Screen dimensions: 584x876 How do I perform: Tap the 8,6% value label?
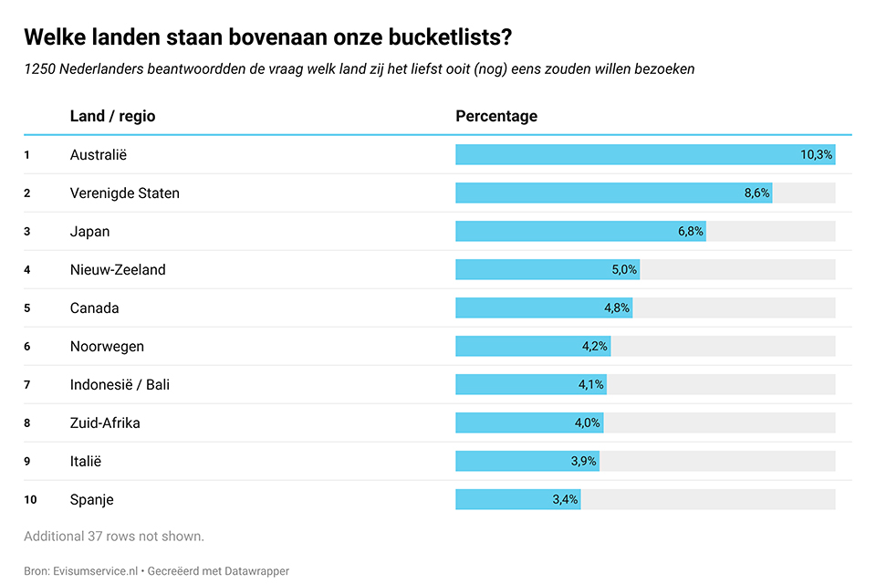pos(757,193)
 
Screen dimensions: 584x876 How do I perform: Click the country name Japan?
pos(89,232)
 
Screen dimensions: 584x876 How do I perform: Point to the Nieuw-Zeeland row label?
pos(118,270)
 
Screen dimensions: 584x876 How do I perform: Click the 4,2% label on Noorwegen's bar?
pos(594,347)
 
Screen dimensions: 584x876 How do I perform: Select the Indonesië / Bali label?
pos(120,385)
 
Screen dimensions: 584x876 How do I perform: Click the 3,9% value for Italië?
pos(584,462)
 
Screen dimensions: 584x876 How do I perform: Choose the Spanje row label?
pos(92,500)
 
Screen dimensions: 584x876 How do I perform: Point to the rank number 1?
pos(27,155)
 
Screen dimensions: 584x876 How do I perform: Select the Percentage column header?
pos(496,117)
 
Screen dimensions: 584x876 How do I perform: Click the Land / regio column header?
pos(112,117)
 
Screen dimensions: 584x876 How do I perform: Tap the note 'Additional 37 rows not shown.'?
pos(114,537)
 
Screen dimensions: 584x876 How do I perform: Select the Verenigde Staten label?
pos(125,193)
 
